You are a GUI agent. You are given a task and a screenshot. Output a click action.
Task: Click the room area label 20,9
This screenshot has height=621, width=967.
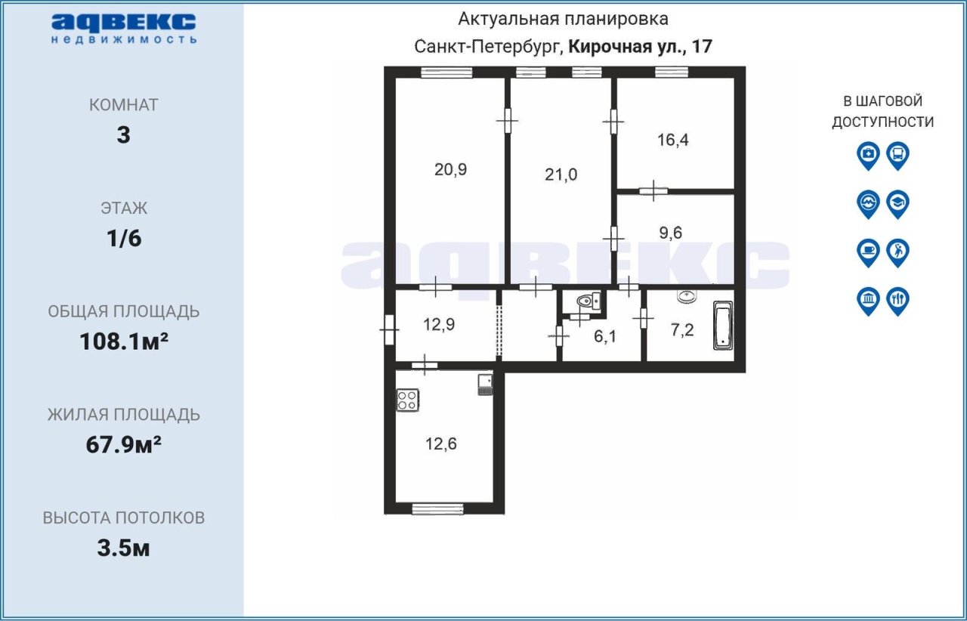point(450,170)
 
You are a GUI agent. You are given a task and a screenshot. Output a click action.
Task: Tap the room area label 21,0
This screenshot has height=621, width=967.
point(561,175)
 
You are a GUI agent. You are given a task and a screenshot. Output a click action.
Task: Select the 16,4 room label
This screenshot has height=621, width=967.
point(672,140)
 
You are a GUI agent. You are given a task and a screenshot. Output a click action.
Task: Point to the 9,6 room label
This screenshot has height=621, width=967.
point(670,233)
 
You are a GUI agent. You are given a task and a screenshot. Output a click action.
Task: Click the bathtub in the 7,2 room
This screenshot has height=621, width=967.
point(723,325)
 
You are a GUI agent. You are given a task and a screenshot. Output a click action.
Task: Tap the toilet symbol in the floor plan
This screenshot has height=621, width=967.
point(589,301)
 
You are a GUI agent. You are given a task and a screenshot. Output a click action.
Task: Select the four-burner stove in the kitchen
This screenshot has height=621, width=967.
point(407,400)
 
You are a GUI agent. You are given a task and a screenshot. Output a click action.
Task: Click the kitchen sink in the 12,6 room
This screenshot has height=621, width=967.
point(485,385)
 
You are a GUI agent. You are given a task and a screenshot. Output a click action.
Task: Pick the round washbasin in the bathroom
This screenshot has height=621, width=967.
point(687,296)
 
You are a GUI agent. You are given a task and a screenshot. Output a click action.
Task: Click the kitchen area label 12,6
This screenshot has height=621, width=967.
point(440,444)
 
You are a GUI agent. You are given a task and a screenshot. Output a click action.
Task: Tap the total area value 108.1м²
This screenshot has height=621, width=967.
point(123,341)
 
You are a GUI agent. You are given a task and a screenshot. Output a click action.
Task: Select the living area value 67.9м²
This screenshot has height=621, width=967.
point(123,445)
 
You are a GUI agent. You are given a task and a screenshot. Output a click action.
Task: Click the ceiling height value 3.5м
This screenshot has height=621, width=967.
point(123,548)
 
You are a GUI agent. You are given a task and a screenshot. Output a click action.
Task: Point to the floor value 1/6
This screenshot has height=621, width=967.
point(124,239)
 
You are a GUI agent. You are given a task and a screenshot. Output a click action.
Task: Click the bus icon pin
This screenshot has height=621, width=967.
point(898,156)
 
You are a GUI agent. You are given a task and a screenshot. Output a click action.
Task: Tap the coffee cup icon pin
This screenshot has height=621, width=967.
point(868,252)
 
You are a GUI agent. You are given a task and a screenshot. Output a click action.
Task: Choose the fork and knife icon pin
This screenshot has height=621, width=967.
point(898,301)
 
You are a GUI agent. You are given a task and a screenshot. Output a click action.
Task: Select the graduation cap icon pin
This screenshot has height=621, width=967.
point(898,204)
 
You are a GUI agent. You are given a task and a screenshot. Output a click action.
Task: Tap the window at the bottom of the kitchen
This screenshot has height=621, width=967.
point(437,508)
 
